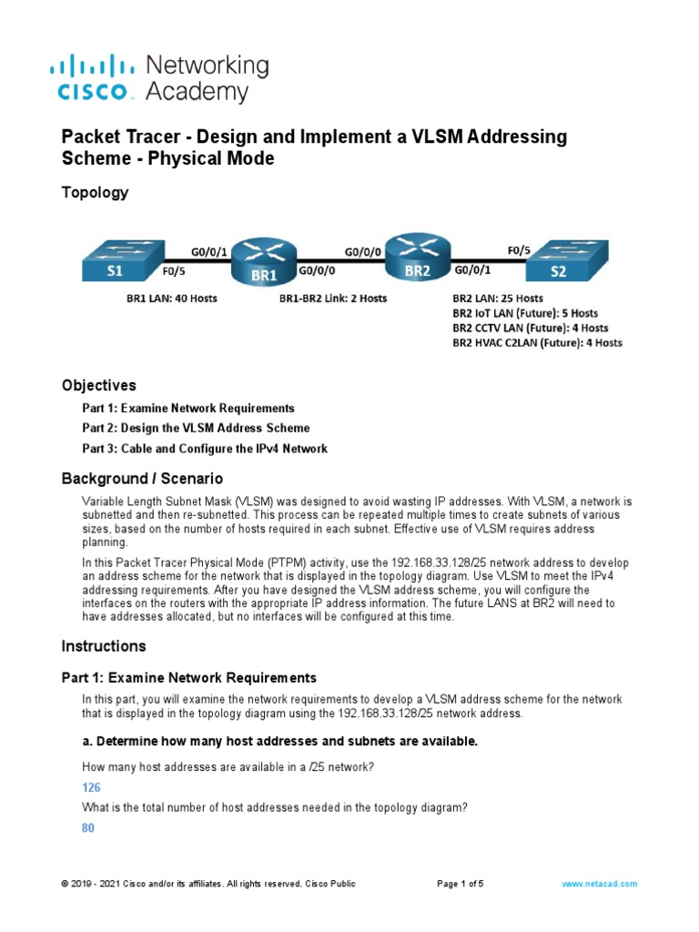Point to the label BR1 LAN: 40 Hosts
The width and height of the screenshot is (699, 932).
coord(171,299)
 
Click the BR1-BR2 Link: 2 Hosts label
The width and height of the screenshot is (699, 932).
coord(332,299)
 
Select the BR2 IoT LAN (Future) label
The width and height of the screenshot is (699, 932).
coord(525,313)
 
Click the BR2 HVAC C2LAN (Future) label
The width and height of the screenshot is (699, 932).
coord(537,343)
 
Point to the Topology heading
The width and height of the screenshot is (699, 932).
coord(95,192)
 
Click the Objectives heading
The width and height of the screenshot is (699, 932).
coord(98,385)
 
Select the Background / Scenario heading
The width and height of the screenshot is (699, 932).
coord(141,479)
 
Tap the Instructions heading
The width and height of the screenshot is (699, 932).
coord(103,646)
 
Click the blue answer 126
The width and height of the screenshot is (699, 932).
coord(91,787)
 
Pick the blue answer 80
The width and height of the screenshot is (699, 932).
coord(88,828)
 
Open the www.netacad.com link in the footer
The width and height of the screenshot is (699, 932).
coord(599,884)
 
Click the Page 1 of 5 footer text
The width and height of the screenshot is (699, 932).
coord(461,884)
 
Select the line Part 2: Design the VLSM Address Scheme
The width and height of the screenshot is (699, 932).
coord(196,428)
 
